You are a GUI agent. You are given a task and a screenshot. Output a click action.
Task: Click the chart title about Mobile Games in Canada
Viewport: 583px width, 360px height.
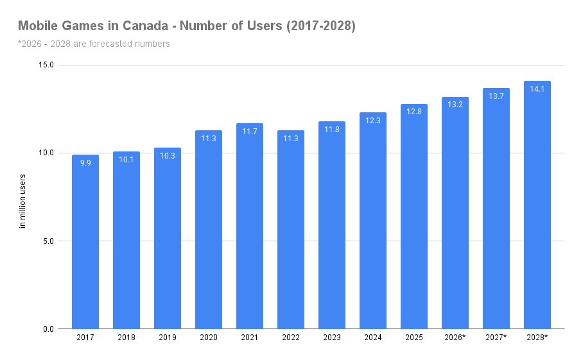click(x=186, y=26)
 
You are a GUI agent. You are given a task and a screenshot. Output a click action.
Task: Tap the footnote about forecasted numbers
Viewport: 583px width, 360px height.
click(x=94, y=44)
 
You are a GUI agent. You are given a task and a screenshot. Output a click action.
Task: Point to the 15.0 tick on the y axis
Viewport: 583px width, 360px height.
click(x=46, y=65)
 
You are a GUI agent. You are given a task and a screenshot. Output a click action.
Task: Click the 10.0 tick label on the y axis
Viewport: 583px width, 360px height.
click(x=46, y=153)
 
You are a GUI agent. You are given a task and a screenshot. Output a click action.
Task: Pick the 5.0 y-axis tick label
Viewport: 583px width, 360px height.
click(x=48, y=241)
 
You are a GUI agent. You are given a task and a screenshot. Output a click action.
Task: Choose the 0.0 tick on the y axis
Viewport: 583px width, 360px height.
click(x=48, y=329)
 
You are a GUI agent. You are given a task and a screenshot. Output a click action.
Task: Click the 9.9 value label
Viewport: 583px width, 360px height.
click(x=85, y=163)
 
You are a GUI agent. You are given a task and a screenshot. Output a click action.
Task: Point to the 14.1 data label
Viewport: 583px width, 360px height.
click(x=537, y=89)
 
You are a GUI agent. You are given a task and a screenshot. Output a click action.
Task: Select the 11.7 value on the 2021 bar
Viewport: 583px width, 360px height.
click(x=250, y=132)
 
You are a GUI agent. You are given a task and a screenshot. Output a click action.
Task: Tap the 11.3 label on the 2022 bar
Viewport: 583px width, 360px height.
click(x=291, y=139)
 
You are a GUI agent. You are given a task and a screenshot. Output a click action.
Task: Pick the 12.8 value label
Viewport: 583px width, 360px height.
click(x=414, y=112)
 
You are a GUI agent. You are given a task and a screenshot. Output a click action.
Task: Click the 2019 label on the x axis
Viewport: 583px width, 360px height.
click(x=168, y=338)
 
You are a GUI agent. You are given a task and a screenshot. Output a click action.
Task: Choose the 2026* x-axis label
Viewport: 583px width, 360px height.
click(x=455, y=338)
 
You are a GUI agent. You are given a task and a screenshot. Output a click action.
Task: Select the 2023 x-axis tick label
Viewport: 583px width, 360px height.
click(x=332, y=338)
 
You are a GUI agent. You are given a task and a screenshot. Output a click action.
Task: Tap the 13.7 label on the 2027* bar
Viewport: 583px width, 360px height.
click(x=496, y=96)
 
